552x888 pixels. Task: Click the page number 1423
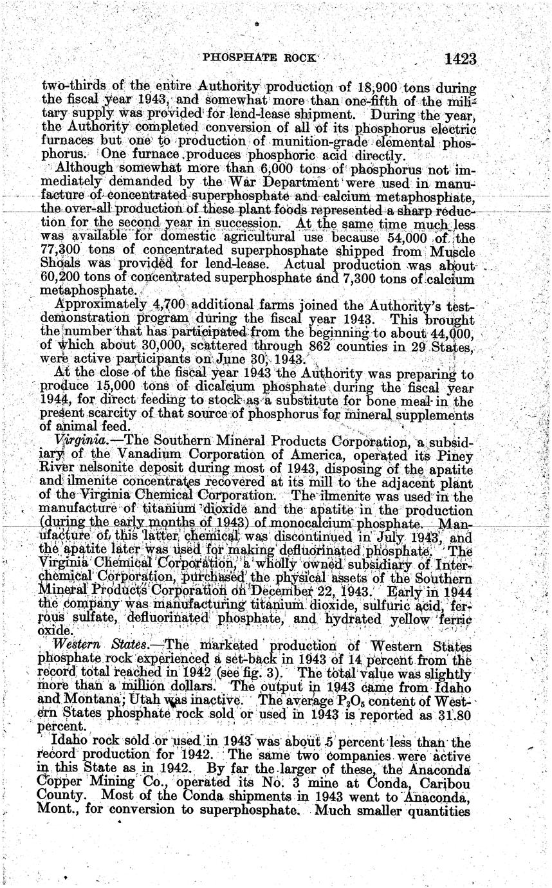pyautogui.click(x=459, y=59)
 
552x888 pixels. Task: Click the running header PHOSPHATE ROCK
pyautogui.click(x=259, y=57)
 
